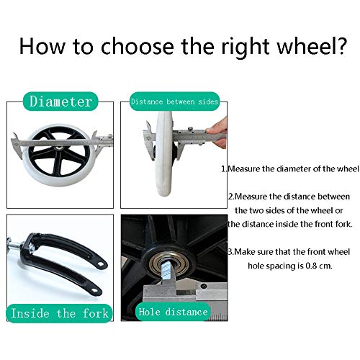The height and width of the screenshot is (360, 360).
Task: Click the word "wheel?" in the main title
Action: pyautogui.click(x=312, y=46)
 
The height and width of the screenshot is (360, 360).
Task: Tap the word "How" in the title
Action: pyautogui.click(x=42, y=46)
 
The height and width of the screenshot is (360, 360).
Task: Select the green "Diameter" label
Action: pyautogui.click(x=60, y=102)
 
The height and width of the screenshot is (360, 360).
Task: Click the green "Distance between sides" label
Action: pyautogui.click(x=174, y=102)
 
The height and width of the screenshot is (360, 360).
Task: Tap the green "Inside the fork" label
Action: pyautogui.click(x=59, y=313)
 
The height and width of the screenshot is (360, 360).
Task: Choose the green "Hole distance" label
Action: pyautogui.click(x=173, y=312)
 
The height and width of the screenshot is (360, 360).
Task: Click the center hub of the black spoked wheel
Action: pyautogui.click(x=58, y=148)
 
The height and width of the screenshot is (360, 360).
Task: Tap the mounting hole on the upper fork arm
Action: pyautogui.click(x=101, y=264)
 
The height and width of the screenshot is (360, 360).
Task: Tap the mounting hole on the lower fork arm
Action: pyautogui.click(x=94, y=291)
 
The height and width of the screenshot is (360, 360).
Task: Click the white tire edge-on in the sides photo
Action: pyautogui.click(x=164, y=153)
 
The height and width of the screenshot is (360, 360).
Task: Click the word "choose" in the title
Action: pyautogui.click(x=138, y=46)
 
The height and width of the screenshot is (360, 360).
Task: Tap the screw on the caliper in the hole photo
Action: pyautogui.click(x=204, y=286)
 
